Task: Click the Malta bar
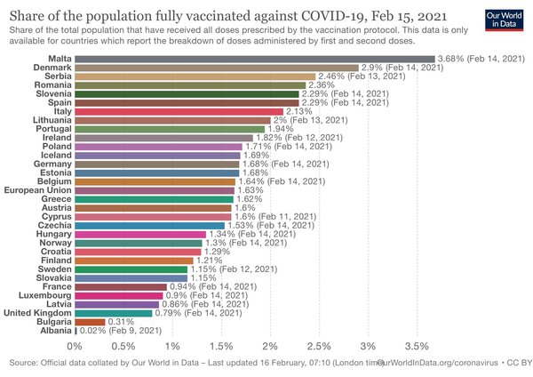click(255, 59)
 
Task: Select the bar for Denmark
click(217, 68)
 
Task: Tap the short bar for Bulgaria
click(90, 322)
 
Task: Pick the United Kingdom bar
click(114, 313)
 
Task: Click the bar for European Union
click(155, 190)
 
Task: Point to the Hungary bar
click(140, 234)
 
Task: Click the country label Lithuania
click(52, 120)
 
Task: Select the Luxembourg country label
click(45, 295)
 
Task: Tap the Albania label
click(56, 331)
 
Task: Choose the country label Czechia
click(55, 225)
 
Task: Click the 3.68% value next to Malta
click(450, 59)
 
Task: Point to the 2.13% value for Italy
click(298, 111)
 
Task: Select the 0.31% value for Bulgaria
click(121, 322)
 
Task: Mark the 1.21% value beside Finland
click(209, 261)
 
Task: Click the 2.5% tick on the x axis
click(319, 347)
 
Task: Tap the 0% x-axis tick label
click(75, 347)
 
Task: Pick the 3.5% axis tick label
click(417, 347)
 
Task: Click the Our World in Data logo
click(504, 20)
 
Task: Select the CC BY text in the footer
click(519, 363)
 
